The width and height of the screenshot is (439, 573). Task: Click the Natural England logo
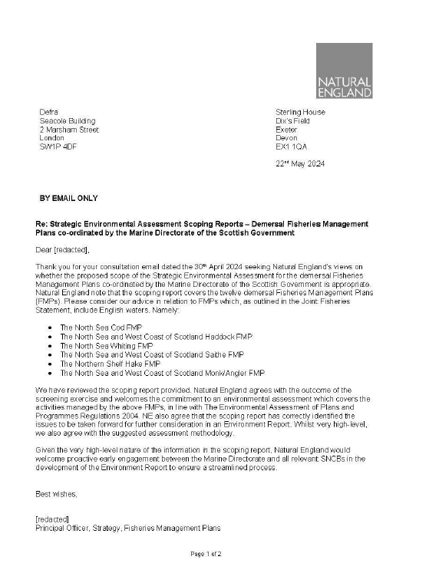344,71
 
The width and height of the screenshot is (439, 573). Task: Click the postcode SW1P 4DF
58,147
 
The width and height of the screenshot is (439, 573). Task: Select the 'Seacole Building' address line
68,121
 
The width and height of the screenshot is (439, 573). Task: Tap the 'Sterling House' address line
300,112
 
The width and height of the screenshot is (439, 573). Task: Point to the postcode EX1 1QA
292,147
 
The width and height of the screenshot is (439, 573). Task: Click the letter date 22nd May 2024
300,164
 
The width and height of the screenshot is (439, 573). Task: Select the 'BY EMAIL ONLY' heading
68,198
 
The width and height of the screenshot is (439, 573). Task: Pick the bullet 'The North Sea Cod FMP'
101,328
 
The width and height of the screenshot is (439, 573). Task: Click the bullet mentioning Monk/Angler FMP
162,373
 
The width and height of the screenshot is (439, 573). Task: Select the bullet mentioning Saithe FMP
152,355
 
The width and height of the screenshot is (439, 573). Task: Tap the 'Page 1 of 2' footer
206,554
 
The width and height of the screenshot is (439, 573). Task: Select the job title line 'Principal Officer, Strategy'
127,528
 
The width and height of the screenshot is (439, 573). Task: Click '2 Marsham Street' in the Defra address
69,130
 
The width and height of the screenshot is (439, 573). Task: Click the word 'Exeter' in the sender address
286,130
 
